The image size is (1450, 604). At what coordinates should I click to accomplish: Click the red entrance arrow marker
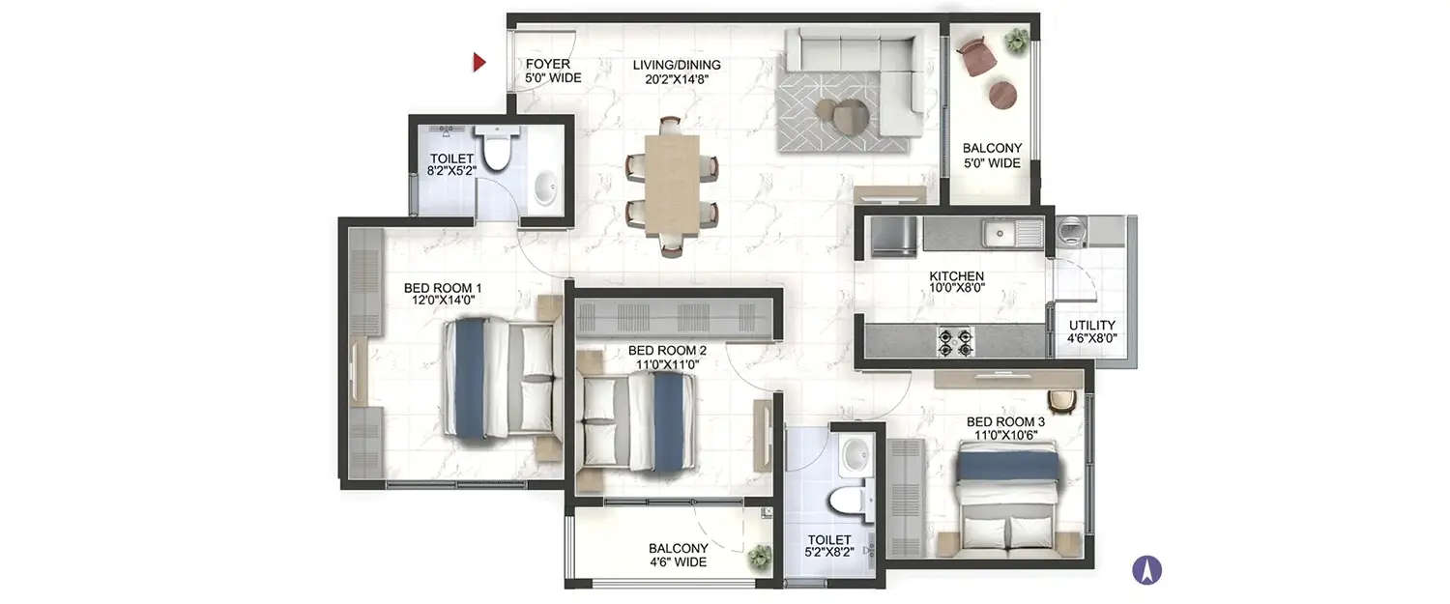[x=478, y=64]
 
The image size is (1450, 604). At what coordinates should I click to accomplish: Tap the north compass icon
[x=1146, y=570]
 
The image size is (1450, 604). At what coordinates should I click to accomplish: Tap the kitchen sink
[x=1012, y=233]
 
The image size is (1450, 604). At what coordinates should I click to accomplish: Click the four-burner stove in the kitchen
[x=954, y=341]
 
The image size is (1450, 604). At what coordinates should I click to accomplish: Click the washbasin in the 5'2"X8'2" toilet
[x=855, y=454]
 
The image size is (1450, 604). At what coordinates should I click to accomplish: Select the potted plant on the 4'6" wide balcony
[x=760, y=558]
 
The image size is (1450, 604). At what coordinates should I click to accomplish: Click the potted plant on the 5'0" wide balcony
[x=1016, y=41]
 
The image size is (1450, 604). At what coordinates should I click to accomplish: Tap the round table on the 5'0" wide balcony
[x=1002, y=95]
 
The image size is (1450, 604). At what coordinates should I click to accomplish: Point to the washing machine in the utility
[x=1072, y=231]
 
